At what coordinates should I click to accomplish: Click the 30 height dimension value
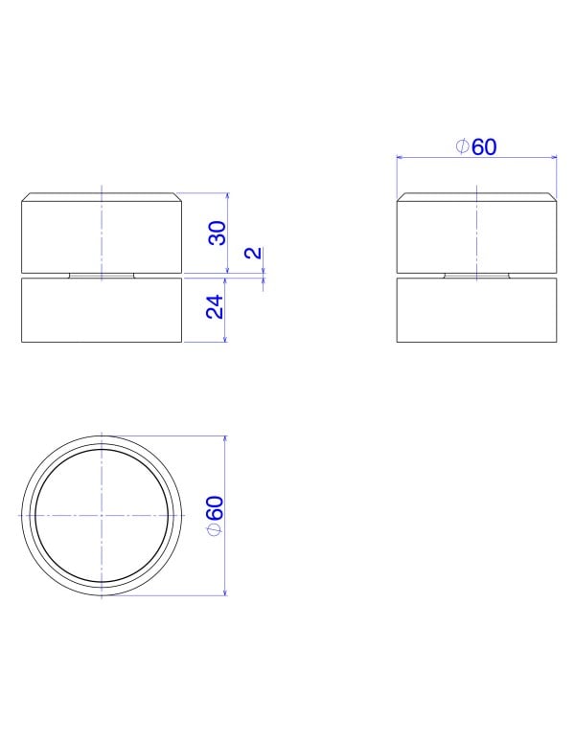pos(217,233)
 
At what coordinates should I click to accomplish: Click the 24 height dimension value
pos(216,307)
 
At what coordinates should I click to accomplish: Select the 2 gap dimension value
pos(253,253)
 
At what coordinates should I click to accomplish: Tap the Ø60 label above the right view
pos(476,147)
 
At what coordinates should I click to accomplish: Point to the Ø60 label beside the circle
pos(215,515)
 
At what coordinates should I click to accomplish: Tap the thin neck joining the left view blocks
pos(102,276)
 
